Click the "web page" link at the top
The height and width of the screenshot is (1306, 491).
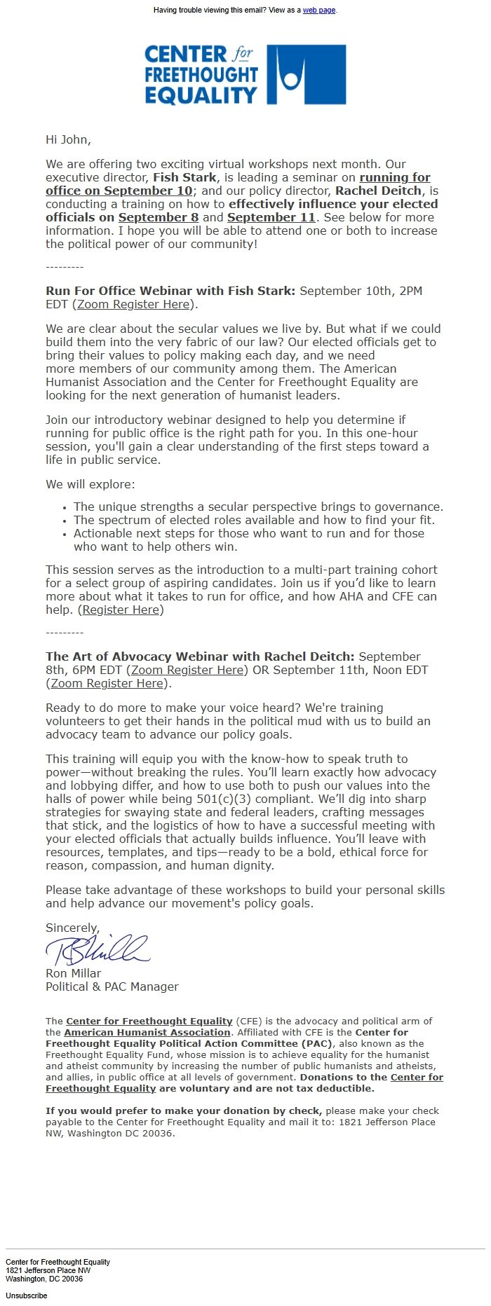(318, 11)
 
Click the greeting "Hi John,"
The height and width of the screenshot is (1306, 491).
(68, 139)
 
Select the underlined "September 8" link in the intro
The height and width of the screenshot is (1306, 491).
(159, 218)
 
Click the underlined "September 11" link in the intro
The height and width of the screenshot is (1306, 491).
(271, 218)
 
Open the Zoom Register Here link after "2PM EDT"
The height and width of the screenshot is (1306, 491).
(133, 305)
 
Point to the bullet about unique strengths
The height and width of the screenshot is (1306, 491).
(258, 507)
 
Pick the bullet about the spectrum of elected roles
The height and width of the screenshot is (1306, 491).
(254, 521)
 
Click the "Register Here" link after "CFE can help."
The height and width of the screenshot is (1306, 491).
(121, 610)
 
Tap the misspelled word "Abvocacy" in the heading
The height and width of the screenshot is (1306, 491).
(144, 657)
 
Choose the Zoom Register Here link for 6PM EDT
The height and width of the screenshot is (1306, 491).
(187, 671)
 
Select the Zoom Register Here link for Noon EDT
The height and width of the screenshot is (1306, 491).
(107, 684)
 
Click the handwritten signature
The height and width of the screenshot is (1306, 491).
(98, 950)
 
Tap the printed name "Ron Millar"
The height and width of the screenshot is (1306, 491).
(73, 974)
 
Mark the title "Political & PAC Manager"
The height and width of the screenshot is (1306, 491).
(112, 987)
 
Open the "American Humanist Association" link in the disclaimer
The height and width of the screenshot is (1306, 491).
(147, 1033)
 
